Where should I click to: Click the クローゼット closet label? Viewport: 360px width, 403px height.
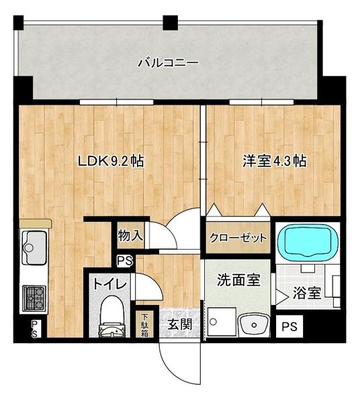(238, 238)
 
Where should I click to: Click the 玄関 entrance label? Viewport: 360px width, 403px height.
(179, 324)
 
